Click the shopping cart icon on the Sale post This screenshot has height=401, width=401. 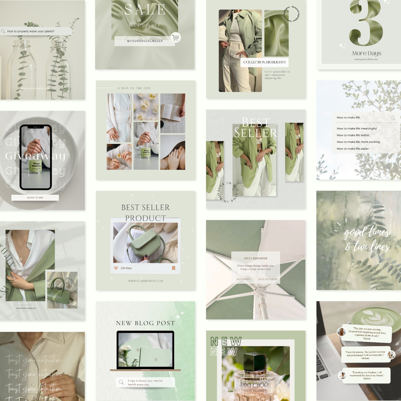pos(176,38)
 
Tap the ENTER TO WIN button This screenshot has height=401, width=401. pos(35,198)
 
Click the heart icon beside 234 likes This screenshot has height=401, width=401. pos(116,268)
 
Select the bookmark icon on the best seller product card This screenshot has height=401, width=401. pos(173,268)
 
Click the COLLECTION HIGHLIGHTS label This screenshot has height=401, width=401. pos(264,62)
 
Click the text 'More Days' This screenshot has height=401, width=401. pos(366,53)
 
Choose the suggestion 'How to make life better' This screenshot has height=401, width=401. pos(353,135)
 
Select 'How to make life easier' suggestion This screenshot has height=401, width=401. pos(353,149)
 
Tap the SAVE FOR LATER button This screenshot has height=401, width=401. pos(268,279)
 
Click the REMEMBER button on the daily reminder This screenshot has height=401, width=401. pos(243,279)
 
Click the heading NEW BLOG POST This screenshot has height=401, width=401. pos(145,323)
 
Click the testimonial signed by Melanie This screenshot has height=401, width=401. pos(365,355)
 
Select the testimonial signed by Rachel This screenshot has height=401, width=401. pos(367,375)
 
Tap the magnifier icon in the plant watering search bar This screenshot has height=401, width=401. pos(3,31)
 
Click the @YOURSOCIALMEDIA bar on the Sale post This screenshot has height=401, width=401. pos(145,41)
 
